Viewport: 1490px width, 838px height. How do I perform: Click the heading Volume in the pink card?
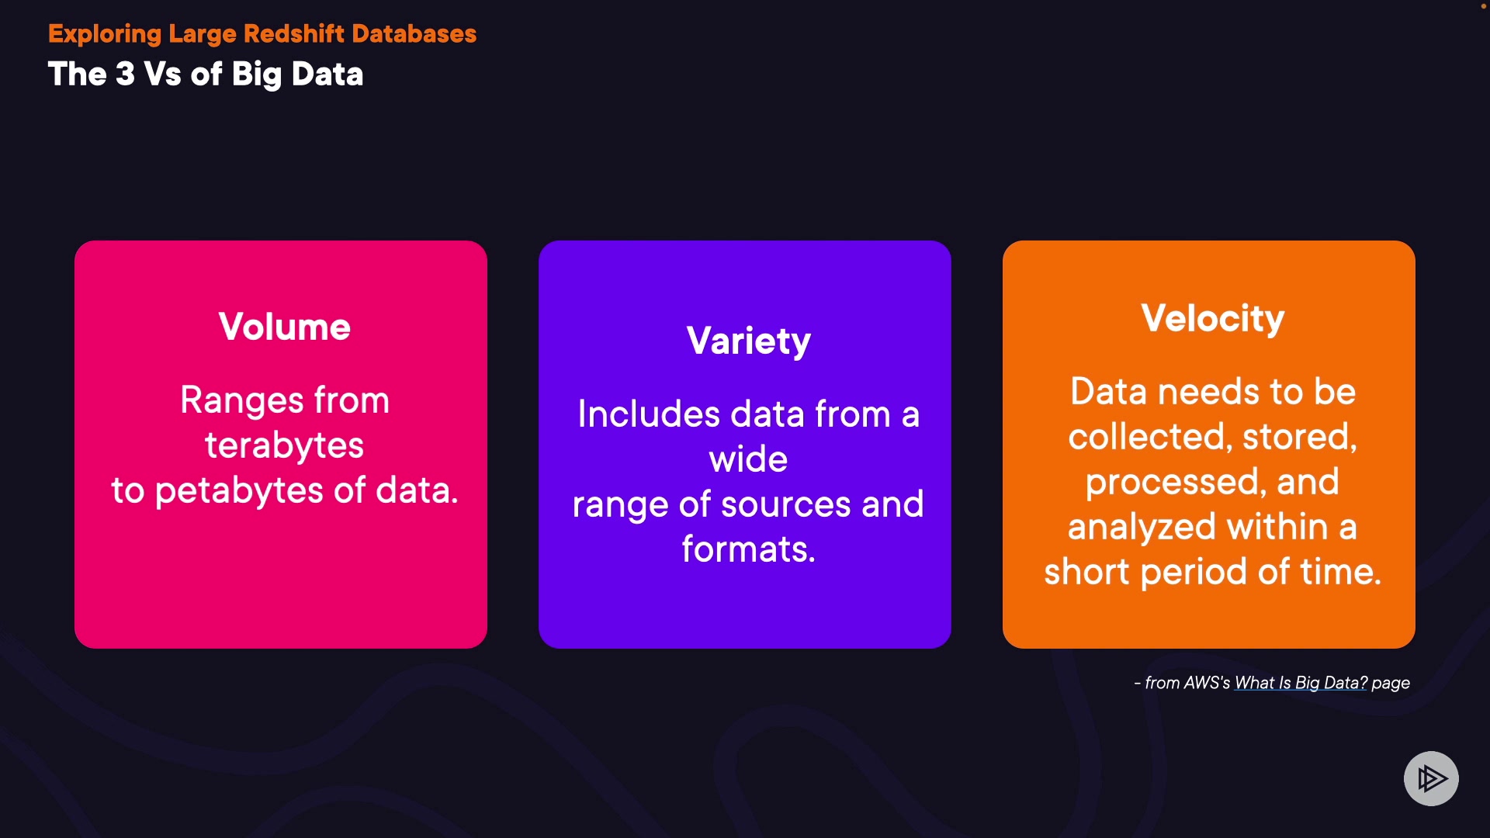284,327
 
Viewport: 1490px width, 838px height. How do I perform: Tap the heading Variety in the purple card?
749,341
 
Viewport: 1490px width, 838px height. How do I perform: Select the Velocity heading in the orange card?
1213,319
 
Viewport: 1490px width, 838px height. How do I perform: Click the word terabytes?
284,446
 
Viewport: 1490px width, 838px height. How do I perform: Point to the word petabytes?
240,492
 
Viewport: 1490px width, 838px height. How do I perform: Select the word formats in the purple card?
748,549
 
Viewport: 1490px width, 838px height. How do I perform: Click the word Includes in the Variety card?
649,414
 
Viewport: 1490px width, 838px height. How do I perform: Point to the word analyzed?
1142,528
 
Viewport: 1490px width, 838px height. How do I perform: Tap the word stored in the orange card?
1300,437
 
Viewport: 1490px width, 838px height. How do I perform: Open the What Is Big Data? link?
1301,683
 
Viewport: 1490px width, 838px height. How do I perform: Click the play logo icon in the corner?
1431,778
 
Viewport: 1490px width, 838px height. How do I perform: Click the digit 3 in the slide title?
125,74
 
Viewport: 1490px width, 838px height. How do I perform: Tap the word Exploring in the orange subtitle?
105,35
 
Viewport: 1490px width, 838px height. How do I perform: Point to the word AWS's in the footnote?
1207,683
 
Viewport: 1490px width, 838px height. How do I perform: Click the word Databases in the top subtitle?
414,33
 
